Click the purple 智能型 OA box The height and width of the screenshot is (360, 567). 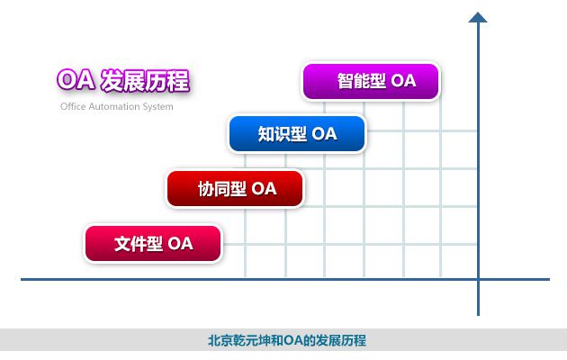(371, 81)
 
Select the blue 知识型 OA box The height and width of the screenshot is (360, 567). (297, 134)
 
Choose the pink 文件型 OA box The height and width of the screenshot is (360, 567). (153, 243)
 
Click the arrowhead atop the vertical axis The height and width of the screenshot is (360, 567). (478, 17)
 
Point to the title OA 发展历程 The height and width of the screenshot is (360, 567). (122, 81)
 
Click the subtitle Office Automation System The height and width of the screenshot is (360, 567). (116, 106)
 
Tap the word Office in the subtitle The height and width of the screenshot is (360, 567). (74, 106)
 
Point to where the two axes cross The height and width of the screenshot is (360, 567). (478, 279)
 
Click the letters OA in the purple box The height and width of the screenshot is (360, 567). (403, 81)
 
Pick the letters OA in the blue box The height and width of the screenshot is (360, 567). (324, 134)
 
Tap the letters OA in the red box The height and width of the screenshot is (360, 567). (264, 189)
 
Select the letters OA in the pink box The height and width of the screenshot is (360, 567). (180, 243)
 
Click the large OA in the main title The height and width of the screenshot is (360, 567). (76, 81)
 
